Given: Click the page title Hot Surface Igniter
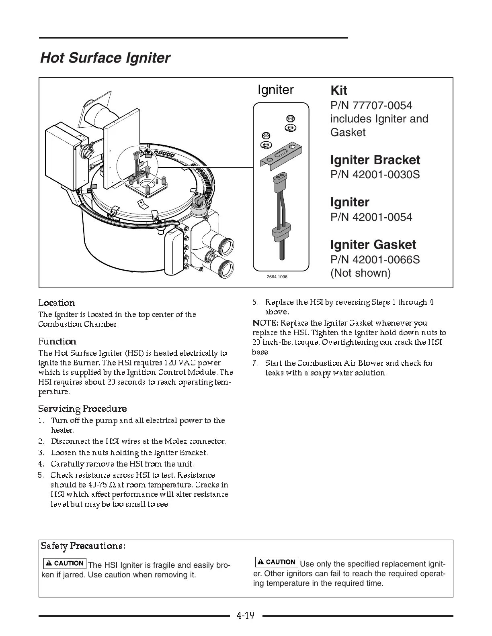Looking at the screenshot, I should point(105,58).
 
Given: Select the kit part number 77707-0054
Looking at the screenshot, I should point(371,106).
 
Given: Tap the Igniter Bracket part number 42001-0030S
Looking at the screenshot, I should point(375,175).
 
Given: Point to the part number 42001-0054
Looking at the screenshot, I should point(371,217).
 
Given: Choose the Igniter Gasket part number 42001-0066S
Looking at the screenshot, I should point(375,260).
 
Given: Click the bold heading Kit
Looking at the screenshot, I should point(338,90).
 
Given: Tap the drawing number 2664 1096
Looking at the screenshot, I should point(277,277).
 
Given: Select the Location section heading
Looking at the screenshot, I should point(57,303).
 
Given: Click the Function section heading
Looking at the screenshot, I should point(57,341).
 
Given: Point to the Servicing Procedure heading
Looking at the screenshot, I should point(82,409).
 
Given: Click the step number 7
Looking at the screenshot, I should point(255,363).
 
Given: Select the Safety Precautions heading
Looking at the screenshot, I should point(83,546).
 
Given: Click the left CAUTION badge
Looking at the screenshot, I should point(65,563).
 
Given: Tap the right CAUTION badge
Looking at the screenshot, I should point(277,562).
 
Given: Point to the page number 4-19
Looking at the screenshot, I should point(246,615).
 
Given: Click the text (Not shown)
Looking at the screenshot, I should point(360,273).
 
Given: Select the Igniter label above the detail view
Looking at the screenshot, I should point(276,90).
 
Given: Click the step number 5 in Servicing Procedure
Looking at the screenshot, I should point(41,475).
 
